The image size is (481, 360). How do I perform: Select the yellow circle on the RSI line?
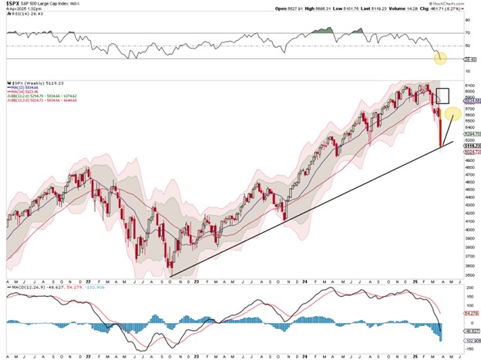click(440, 57)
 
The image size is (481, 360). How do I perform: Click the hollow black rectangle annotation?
click(442, 96)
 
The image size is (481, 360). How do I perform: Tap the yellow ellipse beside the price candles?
click(452, 113)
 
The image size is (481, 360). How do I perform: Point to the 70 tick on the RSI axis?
click(467, 33)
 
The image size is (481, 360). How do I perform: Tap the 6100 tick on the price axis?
click(469, 86)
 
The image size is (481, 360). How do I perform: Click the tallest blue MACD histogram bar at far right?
click(441, 331)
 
